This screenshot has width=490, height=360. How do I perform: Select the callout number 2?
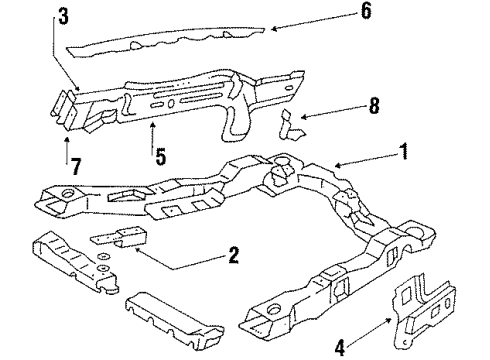click(232, 257)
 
